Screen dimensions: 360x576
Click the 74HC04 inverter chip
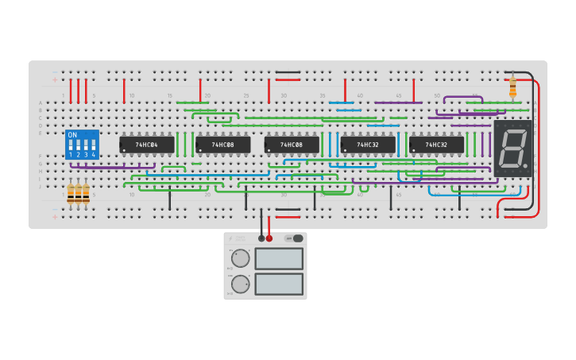pyautogui.click(x=146, y=145)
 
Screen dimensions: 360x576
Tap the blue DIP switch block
pyautogui.click(x=82, y=145)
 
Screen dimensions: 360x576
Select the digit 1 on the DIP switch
pyautogui.click(x=71, y=155)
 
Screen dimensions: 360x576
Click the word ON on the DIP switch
pyautogui.click(x=72, y=135)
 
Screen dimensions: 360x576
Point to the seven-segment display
pyautogui.click(x=512, y=149)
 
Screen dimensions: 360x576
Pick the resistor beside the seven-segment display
pyautogui.click(x=512, y=87)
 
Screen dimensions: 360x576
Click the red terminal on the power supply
pyautogui.click(x=269, y=238)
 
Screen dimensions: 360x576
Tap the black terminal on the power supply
pyautogui.click(x=261, y=238)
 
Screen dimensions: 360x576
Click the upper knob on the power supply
pyautogui.click(x=240, y=258)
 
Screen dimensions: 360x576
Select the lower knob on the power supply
pyautogui.click(x=240, y=284)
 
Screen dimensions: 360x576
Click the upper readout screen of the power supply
pyautogui.click(x=279, y=258)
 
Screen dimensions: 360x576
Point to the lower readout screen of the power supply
pyautogui.click(x=279, y=284)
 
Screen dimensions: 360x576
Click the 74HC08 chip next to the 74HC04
pyautogui.click(x=222, y=145)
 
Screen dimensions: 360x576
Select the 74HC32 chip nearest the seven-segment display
pyautogui.click(x=436, y=145)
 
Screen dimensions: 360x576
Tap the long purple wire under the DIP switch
pyautogui.click(x=111, y=168)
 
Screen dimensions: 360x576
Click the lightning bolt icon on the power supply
pyautogui.click(x=232, y=238)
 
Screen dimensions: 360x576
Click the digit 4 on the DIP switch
pyautogui.click(x=93, y=155)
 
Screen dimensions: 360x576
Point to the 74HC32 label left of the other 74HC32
pyautogui.click(x=368, y=145)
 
